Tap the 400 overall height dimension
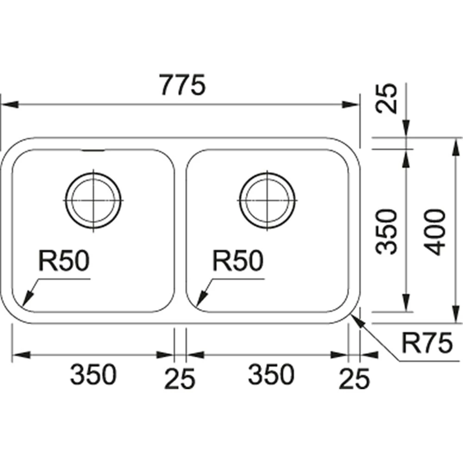click(436, 231)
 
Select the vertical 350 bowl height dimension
click(387, 231)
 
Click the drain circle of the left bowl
click(94, 200)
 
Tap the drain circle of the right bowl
click(268, 200)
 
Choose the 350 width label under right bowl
click(271, 375)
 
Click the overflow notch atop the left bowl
click(93, 150)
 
